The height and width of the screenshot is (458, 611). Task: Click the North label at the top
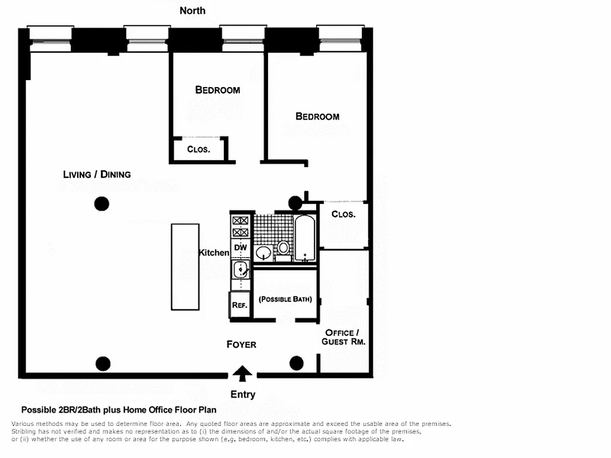click(192, 10)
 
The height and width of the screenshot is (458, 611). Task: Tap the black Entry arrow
click(243, 374)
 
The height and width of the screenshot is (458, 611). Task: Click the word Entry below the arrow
click(243, 394)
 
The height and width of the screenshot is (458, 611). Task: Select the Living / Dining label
click(97, 174)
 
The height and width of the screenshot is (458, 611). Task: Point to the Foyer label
click(241, 344)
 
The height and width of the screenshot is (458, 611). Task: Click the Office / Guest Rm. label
click(345, 337)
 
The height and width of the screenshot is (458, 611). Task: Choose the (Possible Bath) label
click(285, 299)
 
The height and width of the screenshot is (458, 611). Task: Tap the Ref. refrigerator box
click(239, 305)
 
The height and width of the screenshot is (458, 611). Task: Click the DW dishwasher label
click(240, 247)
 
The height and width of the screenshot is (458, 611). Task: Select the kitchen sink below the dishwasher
click(240, 269)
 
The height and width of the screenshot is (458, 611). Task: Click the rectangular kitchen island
click(185, 267)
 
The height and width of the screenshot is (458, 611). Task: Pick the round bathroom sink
click(264, 252)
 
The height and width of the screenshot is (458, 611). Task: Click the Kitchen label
click(214, 252)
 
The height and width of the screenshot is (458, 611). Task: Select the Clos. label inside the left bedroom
click(199, 149)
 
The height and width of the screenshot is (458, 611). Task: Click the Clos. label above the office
click(344, 214)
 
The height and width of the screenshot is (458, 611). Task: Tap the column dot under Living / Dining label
click(101, 203)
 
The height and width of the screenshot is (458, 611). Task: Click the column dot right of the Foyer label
click(296, 363)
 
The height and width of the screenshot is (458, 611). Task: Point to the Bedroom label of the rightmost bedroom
click(317, 116)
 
